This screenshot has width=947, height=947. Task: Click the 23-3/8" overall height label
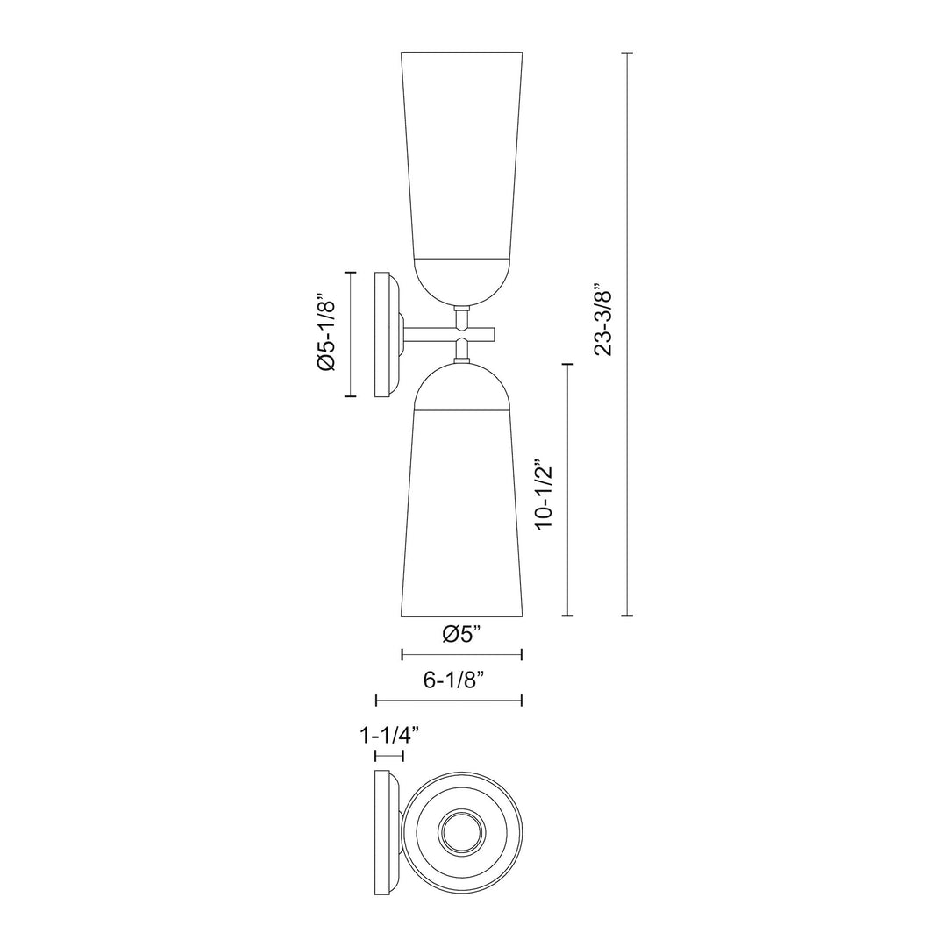[x=602, y=319]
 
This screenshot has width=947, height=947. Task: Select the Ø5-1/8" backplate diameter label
[x=326, y=333]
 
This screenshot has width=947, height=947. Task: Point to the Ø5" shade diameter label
[x=461, y=634]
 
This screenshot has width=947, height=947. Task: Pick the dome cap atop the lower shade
[x=461, y=388]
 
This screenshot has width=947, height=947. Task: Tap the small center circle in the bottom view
[x=461, y=832]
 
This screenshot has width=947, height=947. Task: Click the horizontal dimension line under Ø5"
[x=461, y=654]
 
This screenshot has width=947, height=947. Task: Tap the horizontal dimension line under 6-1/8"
[x=449, y=700]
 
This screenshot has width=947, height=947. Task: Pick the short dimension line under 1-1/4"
[x=388, y=755]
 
